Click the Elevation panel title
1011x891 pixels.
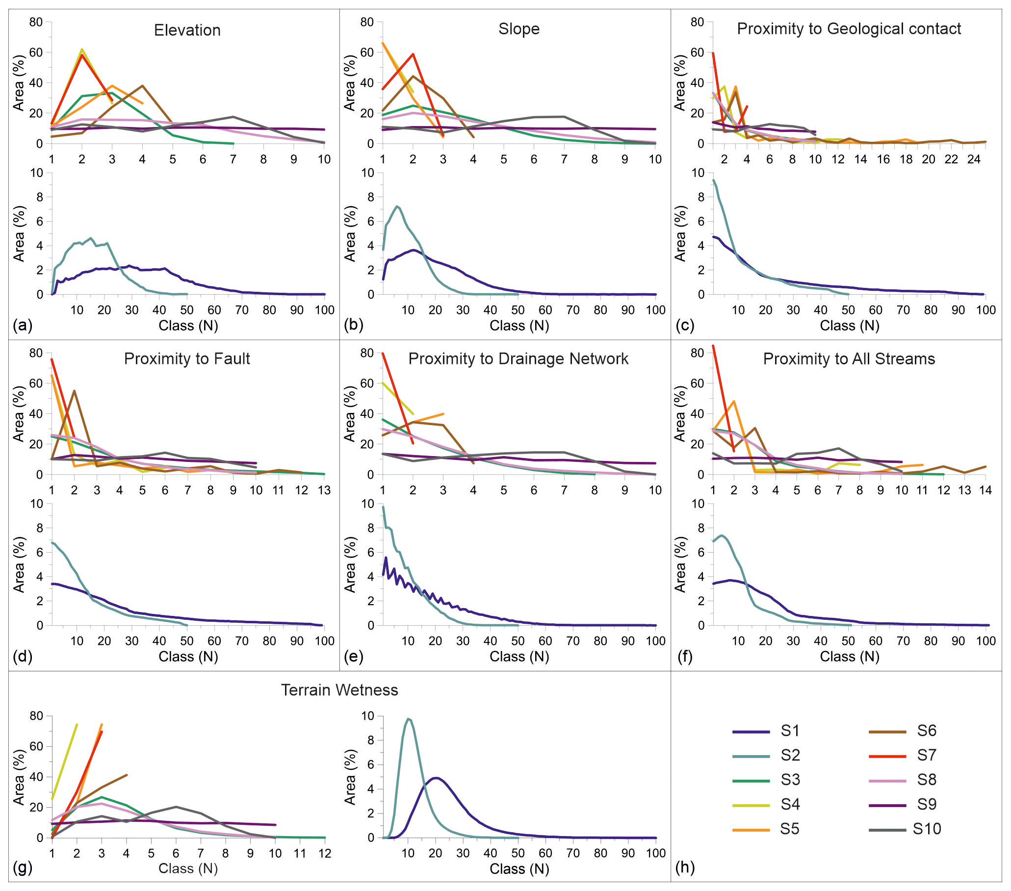[187, 30]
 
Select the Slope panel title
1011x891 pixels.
[519, 28]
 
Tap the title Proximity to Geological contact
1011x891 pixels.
[849, 28]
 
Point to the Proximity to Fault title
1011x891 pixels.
[187, 358]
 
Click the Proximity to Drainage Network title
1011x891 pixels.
[518, 358]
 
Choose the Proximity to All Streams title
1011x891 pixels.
[849, 358]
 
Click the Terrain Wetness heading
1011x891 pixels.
[339, 690]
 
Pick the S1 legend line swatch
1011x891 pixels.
[751, 731]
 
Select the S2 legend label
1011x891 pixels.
[790, 756]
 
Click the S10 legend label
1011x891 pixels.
[927, 829]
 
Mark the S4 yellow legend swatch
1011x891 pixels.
[751, 805]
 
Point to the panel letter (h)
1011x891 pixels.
[685, 867]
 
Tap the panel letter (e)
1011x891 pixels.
[354, 656]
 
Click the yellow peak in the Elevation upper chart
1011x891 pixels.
[82, 49]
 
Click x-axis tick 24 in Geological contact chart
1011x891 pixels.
[973, 159]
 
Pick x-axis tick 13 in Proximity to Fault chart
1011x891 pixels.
[324, 490]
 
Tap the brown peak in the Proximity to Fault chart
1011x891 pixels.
[74, 391]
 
